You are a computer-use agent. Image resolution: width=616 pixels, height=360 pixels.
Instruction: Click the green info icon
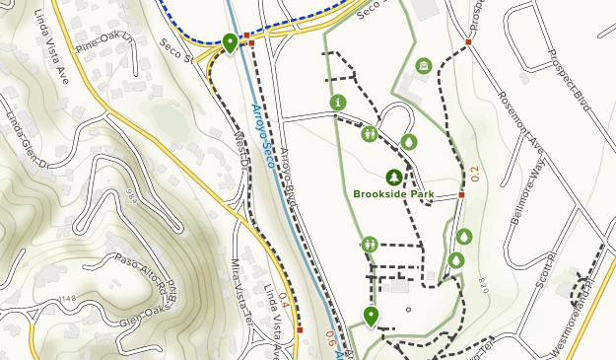[x=338, y=102]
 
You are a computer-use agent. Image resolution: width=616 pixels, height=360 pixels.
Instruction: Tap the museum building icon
[x=424, y=66]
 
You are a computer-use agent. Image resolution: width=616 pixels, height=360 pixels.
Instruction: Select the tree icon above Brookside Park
[x=394, y=177]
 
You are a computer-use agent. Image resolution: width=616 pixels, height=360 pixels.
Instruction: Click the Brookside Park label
[x=394, y=194]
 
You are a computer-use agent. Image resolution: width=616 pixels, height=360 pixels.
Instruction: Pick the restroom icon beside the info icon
[x=370, y=133]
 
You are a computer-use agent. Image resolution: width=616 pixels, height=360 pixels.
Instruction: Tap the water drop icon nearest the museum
[x=409, y=142]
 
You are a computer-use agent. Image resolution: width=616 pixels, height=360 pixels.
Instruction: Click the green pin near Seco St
[x=230, y=41]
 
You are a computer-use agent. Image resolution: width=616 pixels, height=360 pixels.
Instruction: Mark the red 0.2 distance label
[x=475, y=175]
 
